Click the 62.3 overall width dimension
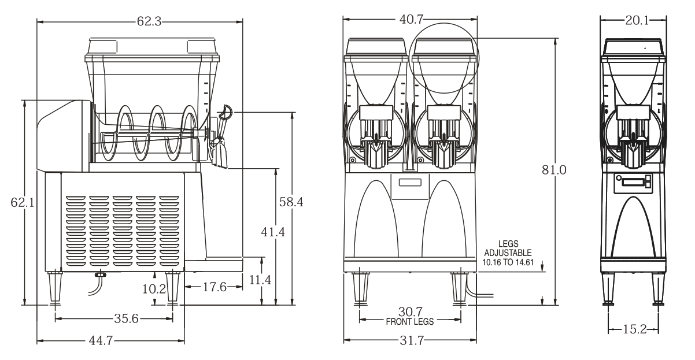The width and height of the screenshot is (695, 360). [x=139, y=21]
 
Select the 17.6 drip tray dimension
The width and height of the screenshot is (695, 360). [x=213, y=286]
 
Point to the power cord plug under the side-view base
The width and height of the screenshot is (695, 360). [x=102, y=275]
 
